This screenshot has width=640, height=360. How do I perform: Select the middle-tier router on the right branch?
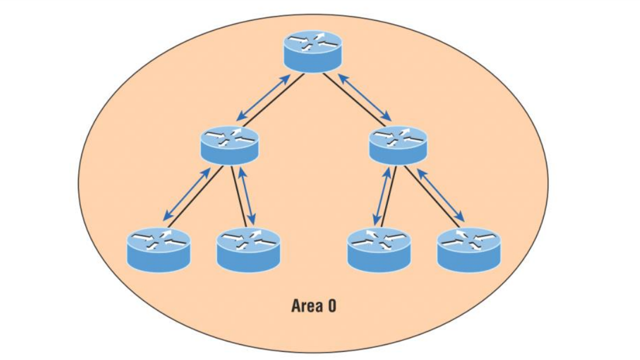tap(398, 144)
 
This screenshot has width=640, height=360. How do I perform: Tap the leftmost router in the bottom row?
tap(158, 249)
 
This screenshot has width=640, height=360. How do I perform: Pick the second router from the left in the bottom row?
tap(249, 249)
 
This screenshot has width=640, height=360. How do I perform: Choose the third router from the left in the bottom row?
tap(379, 249)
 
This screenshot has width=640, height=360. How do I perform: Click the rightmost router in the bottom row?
tap(469, 249)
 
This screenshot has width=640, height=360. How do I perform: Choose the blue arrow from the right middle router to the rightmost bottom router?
tap(441, 194)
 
